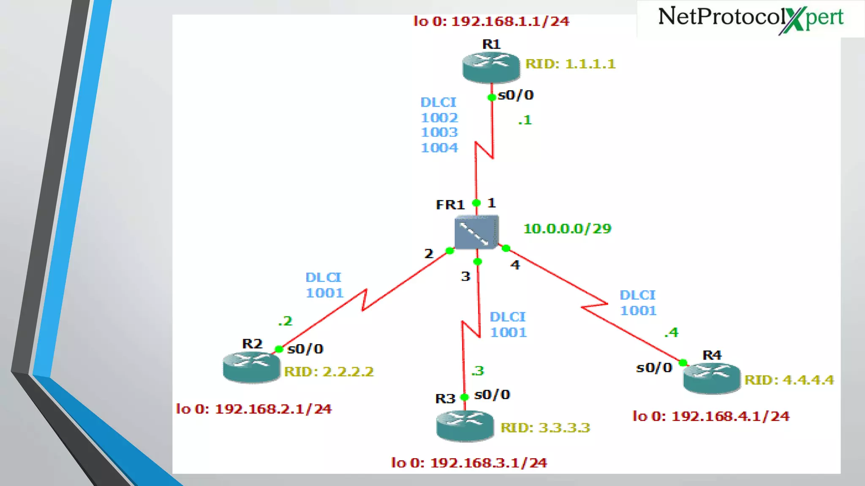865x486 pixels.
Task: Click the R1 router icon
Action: point(491,67)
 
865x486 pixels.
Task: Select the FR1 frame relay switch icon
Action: point(476,232)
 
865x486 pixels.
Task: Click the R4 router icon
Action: point(712,378)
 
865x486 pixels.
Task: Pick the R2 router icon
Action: point(251,367)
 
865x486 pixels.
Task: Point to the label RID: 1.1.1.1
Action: point(570,64)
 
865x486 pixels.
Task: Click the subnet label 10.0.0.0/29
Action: point(567,229)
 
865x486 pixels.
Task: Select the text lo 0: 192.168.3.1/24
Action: point(469,463)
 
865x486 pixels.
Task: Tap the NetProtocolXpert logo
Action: point(751,19)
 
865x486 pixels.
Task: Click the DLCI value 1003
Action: point(439,132)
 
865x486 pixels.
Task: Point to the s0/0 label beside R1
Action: point(516,95)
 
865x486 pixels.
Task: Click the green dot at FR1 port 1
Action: point(476,203)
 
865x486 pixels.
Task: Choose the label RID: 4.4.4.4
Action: point(789,380)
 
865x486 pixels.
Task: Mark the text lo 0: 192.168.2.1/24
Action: point(253,409)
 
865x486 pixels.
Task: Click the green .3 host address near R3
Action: point(478,371)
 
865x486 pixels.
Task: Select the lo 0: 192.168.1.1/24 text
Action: point(491,21)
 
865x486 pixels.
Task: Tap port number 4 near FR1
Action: point(515,265)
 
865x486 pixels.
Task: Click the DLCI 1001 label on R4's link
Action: point(638,303)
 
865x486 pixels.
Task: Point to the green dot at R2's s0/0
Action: point(279,349)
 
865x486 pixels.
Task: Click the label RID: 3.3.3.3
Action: point(545,428)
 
